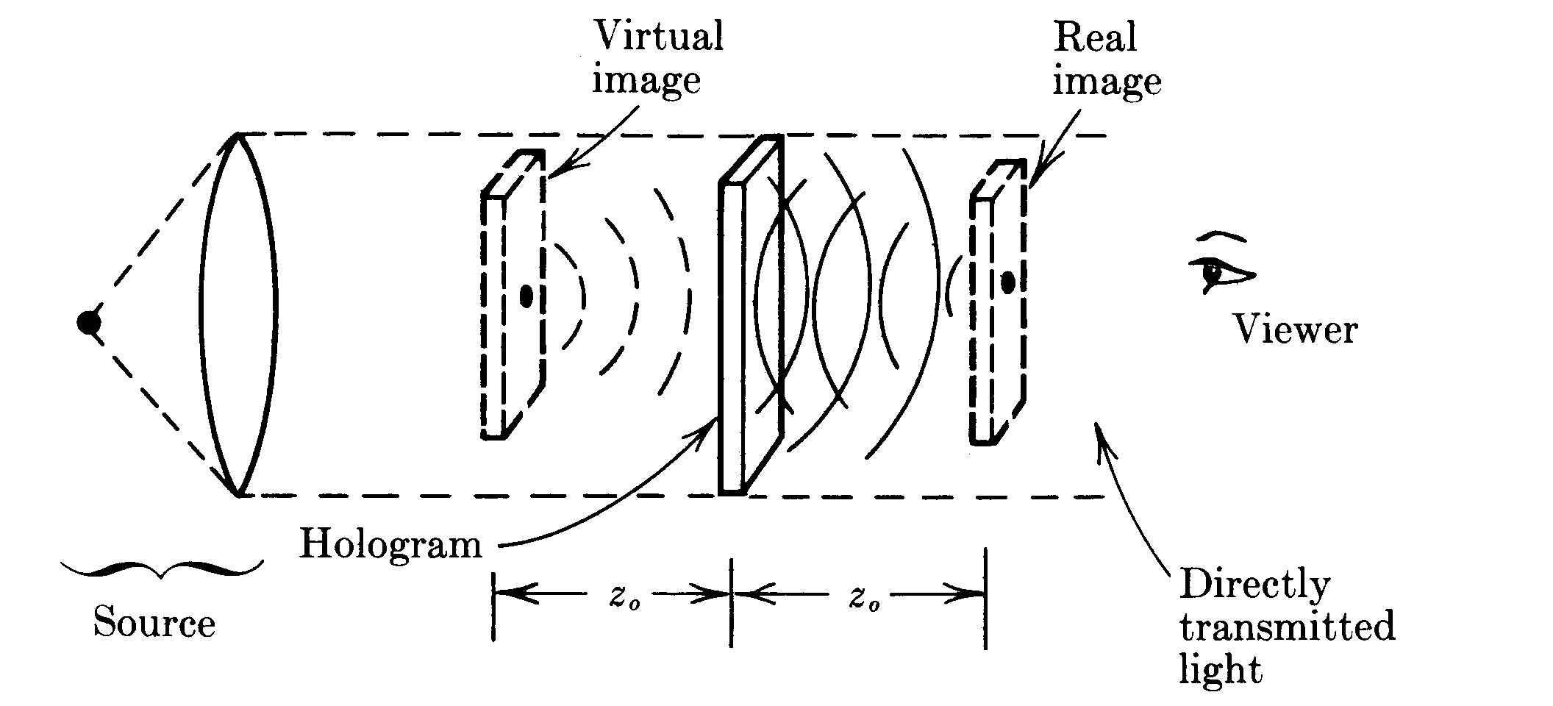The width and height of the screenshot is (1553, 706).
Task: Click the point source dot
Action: click(x=89, y=322)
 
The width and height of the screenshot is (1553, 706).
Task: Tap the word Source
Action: click(x=154, y=624)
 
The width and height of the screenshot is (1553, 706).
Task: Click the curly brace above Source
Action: click(x=161, y=568)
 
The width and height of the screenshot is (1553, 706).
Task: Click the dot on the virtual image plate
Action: click(x=526, y=296)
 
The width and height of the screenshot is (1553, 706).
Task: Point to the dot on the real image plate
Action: click(x=1008, y=282)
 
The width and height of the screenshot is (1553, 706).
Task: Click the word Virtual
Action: click(x=658, y=35)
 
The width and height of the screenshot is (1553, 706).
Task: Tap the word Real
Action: click(x=1095, y=37)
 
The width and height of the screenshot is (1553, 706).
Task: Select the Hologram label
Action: click(x=390, y=545)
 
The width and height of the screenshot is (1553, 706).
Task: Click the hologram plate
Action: click(x=750, y=316)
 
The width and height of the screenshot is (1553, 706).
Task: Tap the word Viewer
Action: click(x=1295, y=329)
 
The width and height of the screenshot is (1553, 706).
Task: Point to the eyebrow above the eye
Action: click(x=1221, y=237)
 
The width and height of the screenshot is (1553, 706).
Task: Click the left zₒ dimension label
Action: click(x=619, y=597)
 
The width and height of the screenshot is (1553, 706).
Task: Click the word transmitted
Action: click(x=1287, y=627)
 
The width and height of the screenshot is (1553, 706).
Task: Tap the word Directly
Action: click(x=1254, y=585)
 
